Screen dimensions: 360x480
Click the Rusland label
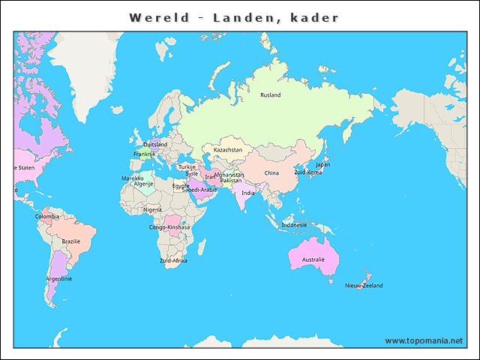(x=270, y=95)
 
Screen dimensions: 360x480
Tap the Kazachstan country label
(x=228, y=150)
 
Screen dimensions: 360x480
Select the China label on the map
(x=271, y=173)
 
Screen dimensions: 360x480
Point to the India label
(x=247, y=193)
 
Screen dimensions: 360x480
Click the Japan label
(x=322, y=165)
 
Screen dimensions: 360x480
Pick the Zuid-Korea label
(x=307, y=172)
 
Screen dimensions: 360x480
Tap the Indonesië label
(x=294, y=225)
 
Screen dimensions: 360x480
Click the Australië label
(x=313, y=259)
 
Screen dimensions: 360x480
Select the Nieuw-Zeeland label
(x=364, y=286)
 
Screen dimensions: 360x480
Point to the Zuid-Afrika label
(x=173, y=261)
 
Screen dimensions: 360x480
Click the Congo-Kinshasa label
(x=169, y=227)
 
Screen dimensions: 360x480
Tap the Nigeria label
(x=152, y=210)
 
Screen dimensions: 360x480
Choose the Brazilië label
(x=71, y=241)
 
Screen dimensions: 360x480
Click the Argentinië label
(x=58, y=279)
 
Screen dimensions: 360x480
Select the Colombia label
(x=46, y=217)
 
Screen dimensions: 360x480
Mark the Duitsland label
(x=155, y=145)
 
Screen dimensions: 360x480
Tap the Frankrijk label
(x=144, y=154)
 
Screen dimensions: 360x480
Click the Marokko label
(x=133, y=178)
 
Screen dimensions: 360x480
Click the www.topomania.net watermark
(x=424, y=340)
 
